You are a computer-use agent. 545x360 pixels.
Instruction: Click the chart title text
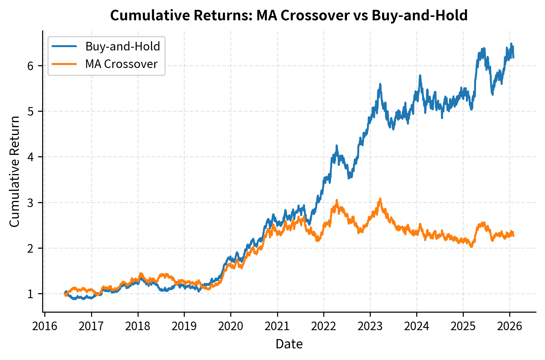(289, 15)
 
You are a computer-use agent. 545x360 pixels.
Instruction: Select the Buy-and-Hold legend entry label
(123, 46)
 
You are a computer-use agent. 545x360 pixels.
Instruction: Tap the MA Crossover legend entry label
(121, 64)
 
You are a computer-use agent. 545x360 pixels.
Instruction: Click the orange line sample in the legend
(64, 64)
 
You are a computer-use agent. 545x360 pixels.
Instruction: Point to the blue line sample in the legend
(64, 46)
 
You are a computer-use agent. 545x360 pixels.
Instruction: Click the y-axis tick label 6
(30, 66)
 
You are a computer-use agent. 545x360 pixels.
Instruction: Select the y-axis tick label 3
(30, 203)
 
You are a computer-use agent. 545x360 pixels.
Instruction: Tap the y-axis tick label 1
(30, 294)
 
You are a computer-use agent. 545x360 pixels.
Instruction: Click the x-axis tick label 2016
(45, 326)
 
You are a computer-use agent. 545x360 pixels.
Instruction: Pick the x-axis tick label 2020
(231, 326)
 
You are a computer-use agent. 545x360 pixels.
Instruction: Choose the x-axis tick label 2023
(370, 326)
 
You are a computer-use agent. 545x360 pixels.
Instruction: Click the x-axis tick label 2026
(510, 326)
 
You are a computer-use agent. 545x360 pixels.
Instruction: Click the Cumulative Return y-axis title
(14, 171)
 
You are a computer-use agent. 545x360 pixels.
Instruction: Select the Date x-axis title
(289, 344)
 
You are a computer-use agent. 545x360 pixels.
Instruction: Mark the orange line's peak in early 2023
(380, 199)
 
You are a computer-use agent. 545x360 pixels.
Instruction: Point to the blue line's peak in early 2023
(380, 84)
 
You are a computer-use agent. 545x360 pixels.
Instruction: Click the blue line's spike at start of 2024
(420, 76)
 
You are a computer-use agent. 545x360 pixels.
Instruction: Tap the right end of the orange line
(513, 235)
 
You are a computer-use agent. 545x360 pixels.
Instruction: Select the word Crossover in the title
(315, 15)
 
